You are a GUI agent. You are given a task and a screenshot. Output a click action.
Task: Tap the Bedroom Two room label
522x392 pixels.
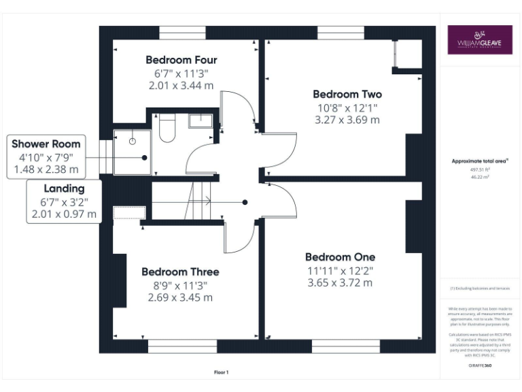347,94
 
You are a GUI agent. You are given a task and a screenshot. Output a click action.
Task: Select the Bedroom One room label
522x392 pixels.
340,257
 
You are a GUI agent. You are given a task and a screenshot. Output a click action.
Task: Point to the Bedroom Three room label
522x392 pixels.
180,272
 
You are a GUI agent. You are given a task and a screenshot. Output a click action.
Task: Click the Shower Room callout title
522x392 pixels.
46,144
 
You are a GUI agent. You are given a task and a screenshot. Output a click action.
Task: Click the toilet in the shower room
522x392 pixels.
167,128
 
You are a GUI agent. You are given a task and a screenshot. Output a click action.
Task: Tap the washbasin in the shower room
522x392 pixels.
201,121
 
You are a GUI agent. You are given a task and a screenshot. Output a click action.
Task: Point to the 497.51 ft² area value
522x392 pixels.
480,170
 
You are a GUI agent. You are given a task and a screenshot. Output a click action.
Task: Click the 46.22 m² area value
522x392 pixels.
480,176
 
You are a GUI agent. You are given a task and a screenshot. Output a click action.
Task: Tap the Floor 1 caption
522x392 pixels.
222,372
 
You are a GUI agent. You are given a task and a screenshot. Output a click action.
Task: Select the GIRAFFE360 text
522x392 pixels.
480,366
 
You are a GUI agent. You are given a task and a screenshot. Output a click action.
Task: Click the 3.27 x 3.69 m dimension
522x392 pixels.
347,120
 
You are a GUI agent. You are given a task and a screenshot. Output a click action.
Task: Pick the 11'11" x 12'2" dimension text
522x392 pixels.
340,269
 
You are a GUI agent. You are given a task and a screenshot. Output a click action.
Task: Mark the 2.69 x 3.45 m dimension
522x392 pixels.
180,297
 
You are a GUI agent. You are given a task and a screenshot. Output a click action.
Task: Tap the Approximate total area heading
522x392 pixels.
480,161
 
